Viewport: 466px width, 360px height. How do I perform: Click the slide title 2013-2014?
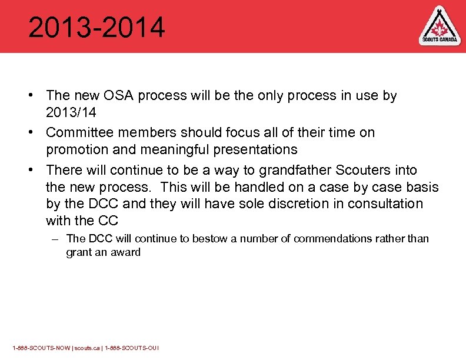click(x=96, y=28)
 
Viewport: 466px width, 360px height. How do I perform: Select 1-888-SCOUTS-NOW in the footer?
click(x=41, y=348)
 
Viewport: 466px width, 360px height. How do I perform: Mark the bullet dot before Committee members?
click(x=36, y=133)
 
